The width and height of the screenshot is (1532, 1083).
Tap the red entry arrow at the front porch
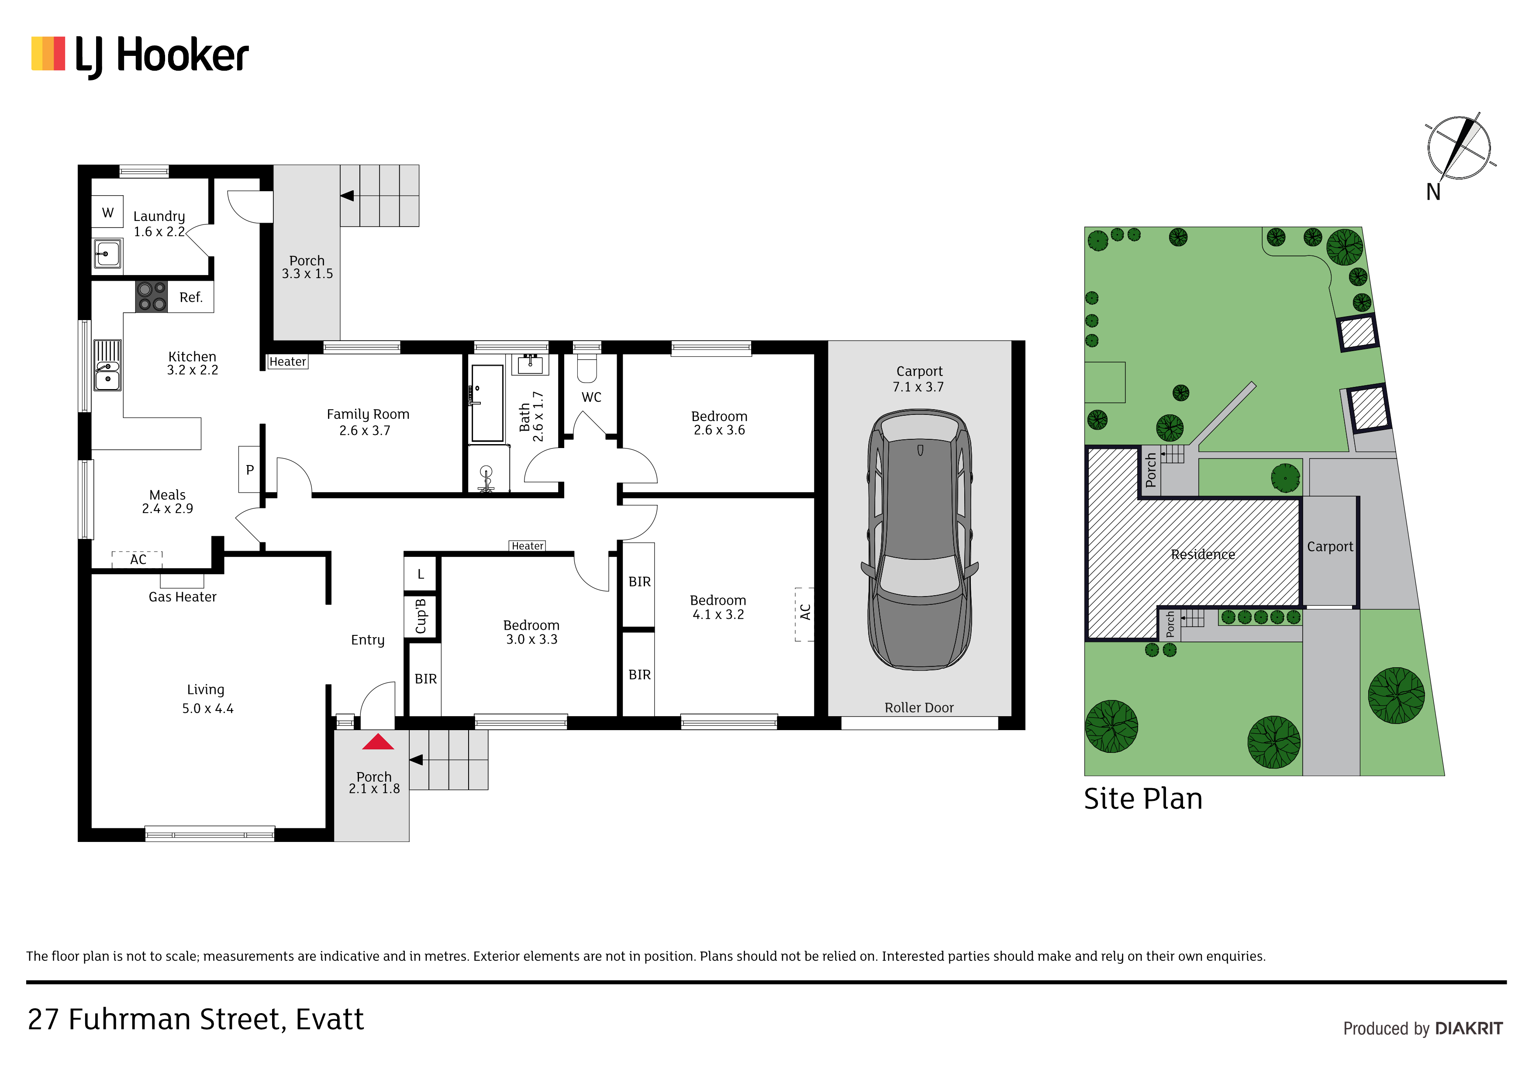click(378, 742)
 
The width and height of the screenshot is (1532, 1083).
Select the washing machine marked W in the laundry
click(107, 213)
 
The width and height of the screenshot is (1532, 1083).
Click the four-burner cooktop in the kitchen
click(152, 296)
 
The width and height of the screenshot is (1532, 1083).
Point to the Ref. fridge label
click(191, 298)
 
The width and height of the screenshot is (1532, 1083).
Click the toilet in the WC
click(587, 368)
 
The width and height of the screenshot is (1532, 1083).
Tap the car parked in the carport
click(919, 539)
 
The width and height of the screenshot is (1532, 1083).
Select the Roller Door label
click(919, 707)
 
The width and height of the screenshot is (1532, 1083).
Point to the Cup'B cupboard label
click(421, 616)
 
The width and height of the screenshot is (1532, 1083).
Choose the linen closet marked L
click(421, 574)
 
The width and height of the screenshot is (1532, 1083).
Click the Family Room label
click(368, 414)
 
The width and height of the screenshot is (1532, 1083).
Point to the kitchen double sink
click(107, 366)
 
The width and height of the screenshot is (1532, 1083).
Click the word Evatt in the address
click(330, 1020)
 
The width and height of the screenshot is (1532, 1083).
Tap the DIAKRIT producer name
click(1469, 1028)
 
